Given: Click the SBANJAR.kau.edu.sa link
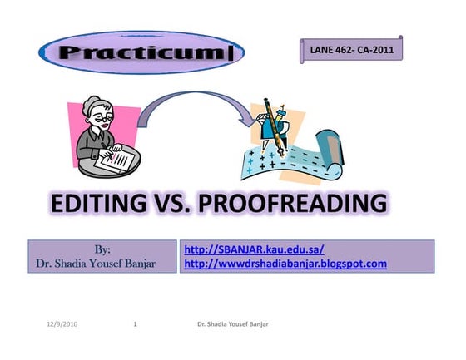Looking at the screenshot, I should [253, 249].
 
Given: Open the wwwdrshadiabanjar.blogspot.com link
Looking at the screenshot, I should [285, 264].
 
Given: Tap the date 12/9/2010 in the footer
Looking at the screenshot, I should [62, 323].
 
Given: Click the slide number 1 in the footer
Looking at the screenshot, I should [135, 323].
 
